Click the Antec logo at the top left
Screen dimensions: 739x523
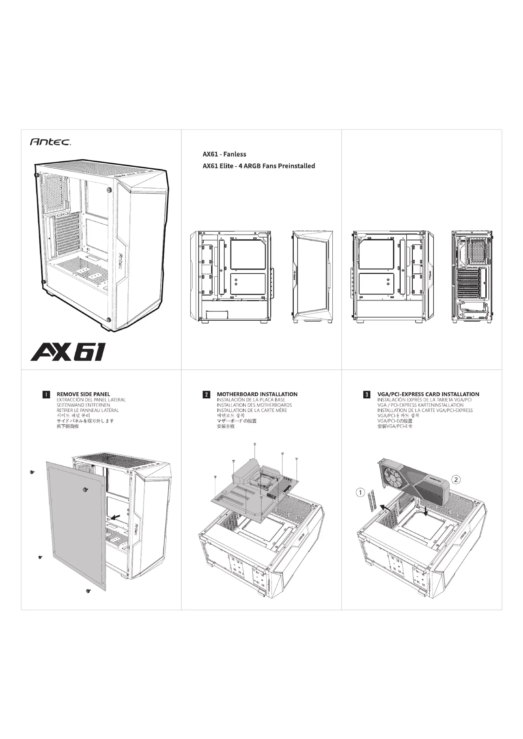[50, 142]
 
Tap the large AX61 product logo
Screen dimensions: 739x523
[67, 352]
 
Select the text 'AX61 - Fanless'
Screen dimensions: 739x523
[224, 154]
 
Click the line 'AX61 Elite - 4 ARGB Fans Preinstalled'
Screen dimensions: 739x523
[259, 166]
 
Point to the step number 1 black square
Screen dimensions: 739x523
[46, 395]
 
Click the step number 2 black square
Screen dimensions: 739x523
[206, 395]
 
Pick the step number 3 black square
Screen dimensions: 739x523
[366, 395]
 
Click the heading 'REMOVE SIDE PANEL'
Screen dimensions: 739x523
[83, 394]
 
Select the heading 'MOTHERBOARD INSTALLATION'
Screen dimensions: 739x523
[257, 394]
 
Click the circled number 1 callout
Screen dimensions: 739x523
[360, 493]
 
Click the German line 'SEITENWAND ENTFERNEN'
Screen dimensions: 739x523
[83, 405]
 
